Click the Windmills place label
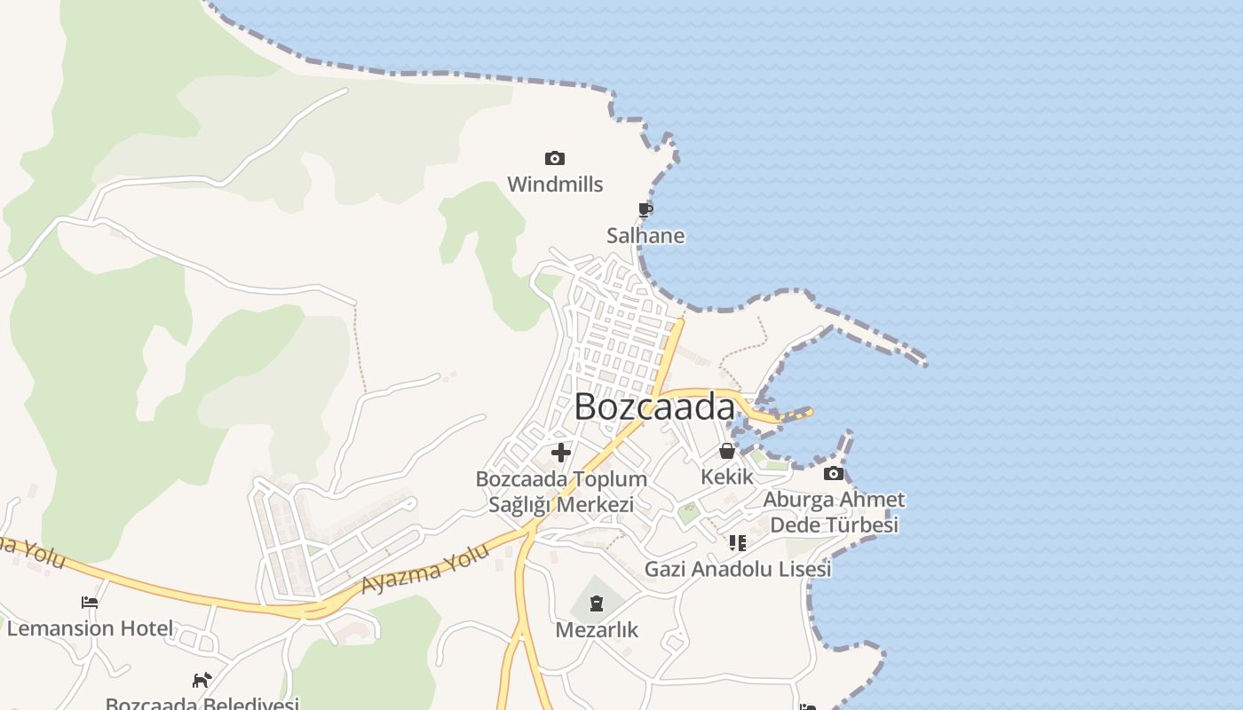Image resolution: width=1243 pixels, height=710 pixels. (555, 185)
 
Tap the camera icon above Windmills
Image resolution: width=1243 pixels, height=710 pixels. (555, 159)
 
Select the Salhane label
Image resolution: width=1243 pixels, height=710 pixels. (645, 235)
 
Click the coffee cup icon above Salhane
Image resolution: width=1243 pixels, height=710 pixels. (645, 210)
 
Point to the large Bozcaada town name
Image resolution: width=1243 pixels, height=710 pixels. (654, 407)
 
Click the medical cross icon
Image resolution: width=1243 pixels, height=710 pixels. (561, 453)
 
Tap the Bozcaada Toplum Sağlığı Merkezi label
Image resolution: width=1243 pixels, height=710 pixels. (561, 492)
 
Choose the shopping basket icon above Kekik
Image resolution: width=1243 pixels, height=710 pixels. (727, 451)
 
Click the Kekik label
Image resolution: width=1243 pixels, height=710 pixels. (727, 477)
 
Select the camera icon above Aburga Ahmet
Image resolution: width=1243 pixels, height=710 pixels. (834, 474)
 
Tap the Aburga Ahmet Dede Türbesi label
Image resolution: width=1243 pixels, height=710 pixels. (834, 512)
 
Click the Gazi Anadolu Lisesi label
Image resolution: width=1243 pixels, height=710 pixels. (738, 569)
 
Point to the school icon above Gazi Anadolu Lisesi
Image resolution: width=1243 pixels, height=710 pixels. (738, 542)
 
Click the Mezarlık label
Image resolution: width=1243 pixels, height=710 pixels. (597, 630)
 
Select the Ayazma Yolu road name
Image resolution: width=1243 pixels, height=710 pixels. (425, 569)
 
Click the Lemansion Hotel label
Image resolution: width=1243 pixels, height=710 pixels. (90, 628)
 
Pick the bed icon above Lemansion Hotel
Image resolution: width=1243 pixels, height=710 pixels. (90, 603)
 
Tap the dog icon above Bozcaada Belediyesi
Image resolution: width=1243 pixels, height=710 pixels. (202, 681)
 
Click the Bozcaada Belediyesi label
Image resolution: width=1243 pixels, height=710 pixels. (202, 704)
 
